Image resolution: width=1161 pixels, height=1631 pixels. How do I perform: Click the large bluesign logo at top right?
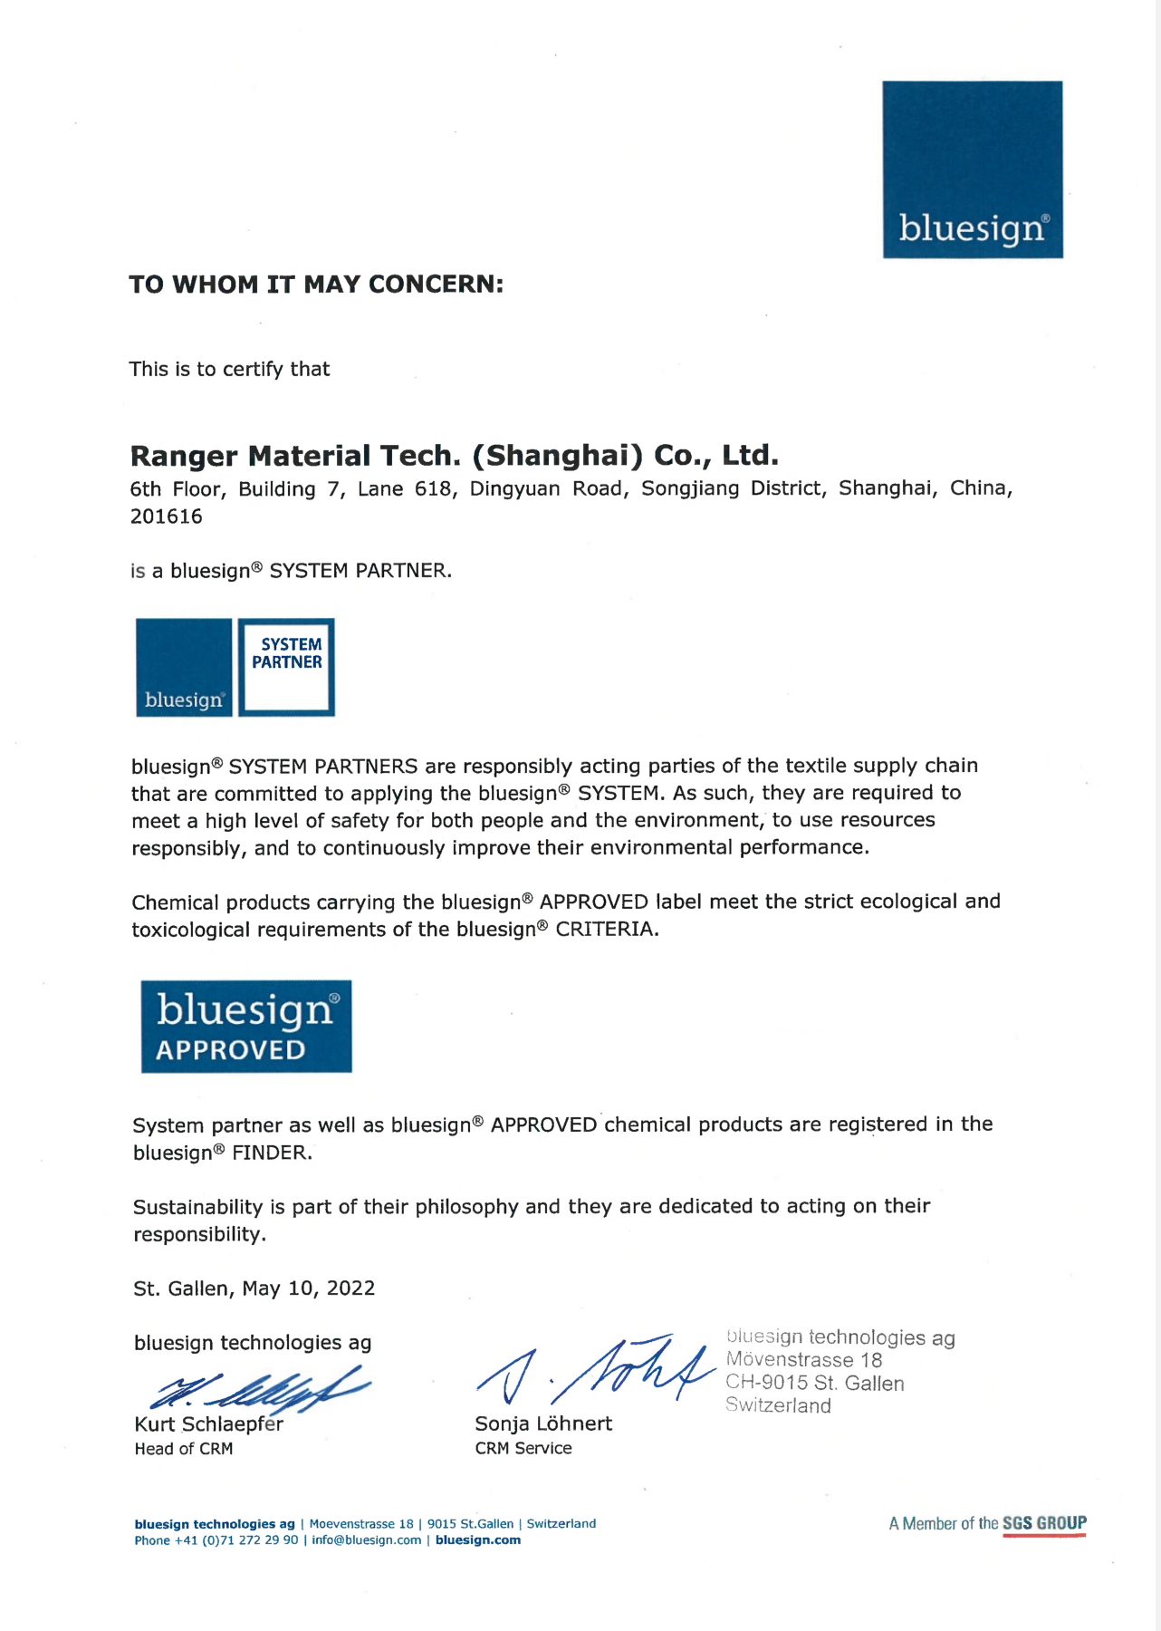(x=973, y=169)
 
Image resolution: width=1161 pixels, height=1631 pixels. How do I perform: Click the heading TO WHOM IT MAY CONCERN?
(x=316, y=285)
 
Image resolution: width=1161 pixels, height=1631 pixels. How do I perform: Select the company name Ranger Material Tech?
(x=454, y=455)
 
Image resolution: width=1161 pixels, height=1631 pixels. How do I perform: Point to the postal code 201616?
(x=167, y=516)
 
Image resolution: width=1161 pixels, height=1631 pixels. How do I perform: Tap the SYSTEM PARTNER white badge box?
(x=286, y=668)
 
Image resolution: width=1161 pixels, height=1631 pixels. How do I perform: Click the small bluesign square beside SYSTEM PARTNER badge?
(x=184, y=668)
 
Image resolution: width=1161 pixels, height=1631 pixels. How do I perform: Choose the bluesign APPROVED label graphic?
(x=246, y=1027)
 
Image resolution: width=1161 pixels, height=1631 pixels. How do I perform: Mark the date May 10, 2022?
(x=308, y=1288)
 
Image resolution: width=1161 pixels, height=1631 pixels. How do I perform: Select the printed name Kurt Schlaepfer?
(x=208, y=1424)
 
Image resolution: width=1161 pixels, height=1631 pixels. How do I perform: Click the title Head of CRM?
(x=184, y=1449)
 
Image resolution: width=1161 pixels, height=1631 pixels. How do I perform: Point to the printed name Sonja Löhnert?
(x=543, y=1424)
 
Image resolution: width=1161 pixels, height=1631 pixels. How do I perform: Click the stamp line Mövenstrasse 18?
(x=804, y=1360)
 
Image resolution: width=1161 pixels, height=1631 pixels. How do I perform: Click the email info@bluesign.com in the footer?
(x=367, y=1540)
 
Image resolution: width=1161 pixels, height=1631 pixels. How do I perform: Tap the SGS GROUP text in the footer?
(x=1044, y=1523)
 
